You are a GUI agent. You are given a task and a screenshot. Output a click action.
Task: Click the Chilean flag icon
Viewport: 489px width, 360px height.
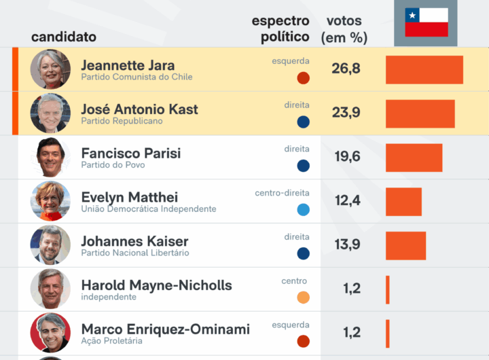point(427,22)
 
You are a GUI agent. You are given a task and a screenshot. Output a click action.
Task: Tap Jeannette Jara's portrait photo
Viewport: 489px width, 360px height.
point(50,69)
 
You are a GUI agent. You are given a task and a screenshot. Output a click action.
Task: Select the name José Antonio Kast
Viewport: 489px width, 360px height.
point(139,109)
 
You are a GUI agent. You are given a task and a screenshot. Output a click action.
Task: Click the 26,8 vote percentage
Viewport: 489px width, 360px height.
point(346,69)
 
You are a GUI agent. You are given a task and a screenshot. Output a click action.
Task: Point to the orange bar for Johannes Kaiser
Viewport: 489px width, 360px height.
point(405,245)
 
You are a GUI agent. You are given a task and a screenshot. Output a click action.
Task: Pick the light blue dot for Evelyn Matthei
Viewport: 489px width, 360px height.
point(303,209)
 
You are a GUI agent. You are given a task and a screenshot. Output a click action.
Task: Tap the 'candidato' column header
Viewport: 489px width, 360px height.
point(64,37)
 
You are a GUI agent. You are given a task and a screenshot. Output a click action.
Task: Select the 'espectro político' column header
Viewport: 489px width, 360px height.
point(281,29)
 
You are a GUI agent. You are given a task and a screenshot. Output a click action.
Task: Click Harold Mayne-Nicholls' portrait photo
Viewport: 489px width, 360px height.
point(50,289)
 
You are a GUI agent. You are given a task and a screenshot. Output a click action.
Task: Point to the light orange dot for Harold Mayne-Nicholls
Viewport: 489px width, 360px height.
point(303,297)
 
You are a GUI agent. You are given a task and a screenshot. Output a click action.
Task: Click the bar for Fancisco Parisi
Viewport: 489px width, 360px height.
point(414,158)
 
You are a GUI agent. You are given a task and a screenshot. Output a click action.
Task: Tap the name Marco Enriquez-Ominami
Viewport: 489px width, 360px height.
point(165,329)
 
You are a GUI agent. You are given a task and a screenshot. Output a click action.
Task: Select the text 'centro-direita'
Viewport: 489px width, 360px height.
point(282,193)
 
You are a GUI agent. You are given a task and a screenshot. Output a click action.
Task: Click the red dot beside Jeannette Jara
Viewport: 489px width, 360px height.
point(303,77)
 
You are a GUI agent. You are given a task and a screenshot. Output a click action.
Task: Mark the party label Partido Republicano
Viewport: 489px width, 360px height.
point(122,121)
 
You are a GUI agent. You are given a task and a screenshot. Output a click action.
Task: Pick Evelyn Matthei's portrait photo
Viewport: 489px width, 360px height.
point(50,201)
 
